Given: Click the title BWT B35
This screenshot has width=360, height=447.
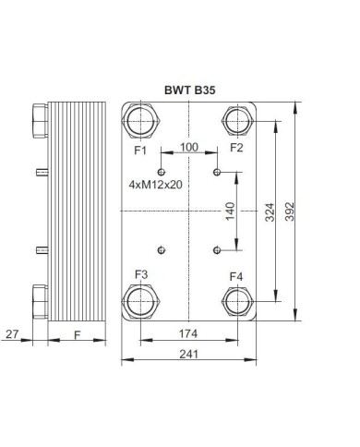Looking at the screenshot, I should [x=190, y=92].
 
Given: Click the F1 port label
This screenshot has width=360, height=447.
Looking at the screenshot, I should [x=141, y=149].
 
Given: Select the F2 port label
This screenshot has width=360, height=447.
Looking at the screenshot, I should [x=237, y=148].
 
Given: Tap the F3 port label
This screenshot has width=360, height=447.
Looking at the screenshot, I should [x=141, y=274].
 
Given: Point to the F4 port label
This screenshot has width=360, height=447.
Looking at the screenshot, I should [x=237, y=275].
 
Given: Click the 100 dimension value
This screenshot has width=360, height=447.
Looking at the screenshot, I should [x=189, y=147].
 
